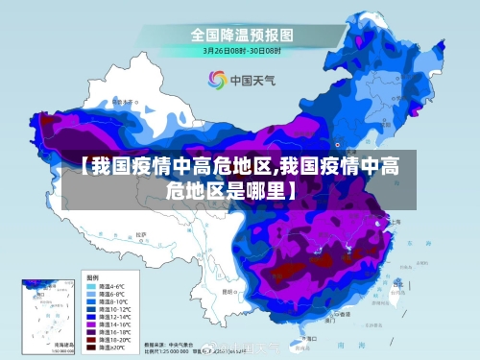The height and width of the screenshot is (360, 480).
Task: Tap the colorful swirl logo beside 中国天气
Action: tap(217, 80)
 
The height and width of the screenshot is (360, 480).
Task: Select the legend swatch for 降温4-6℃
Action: tap(92, 286)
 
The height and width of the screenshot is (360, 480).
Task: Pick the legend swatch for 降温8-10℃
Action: tap(92, 301)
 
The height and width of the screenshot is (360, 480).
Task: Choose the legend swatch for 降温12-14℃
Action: tap(92, 317)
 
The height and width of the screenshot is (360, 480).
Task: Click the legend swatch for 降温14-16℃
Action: tap(92, 324)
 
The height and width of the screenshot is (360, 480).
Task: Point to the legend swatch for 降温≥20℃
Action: tap(92, 348)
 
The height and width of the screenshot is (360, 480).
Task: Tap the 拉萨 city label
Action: tap(141, 233)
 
